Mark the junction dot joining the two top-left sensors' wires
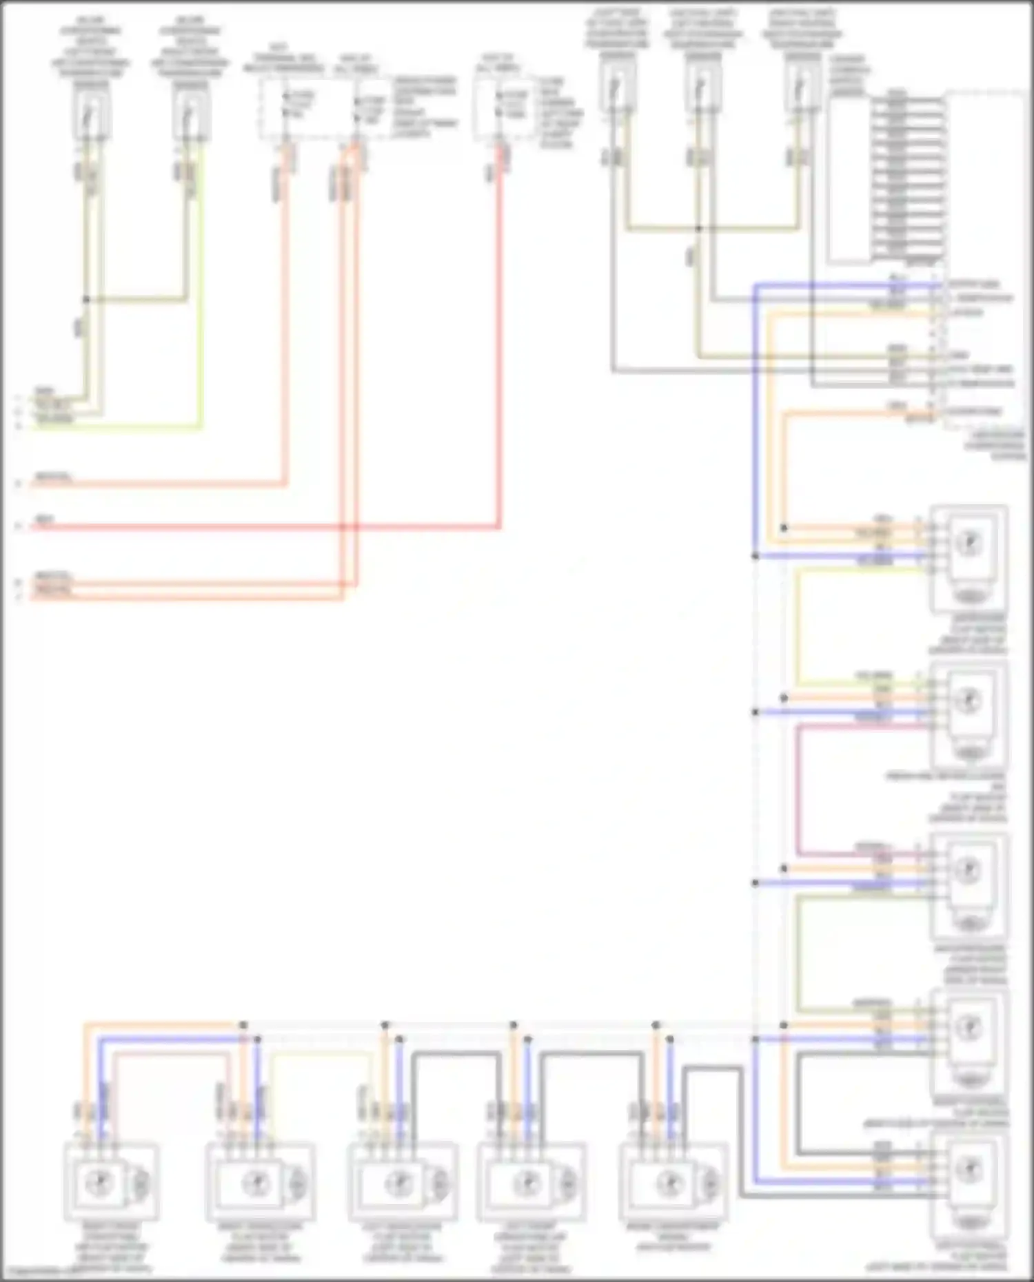(x=86, y=300)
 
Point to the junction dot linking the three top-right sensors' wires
(x=698, y=228)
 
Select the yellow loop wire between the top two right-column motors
(x=798, y=627)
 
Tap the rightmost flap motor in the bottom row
(x=671, y=1181)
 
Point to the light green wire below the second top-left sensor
(x=201, y=310)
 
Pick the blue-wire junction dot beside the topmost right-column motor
(x=756, y=555)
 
